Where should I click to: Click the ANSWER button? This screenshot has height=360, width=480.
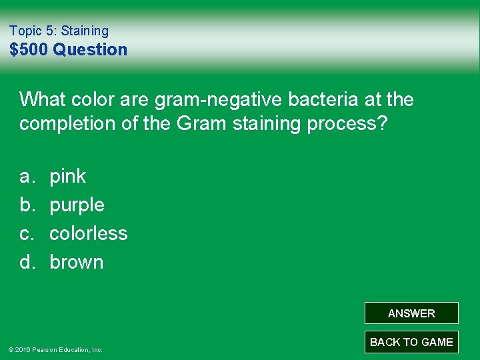(x=411, y=313)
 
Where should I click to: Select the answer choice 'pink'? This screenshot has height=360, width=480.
(x=68, y=176)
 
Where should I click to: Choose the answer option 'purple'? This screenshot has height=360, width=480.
(x=77, y=205)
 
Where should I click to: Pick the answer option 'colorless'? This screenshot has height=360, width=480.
(x=89, y=233)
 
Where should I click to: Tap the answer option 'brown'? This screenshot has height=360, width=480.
(x=77, y=262)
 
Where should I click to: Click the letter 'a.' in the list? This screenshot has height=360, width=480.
(x=27, y=176)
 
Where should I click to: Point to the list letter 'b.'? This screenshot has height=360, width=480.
(x=27, y=205)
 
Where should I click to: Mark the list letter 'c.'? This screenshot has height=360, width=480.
(x=27, y=233)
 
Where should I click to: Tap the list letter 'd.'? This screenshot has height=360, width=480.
(x=27, y=262)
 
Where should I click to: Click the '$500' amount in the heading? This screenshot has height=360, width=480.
(x=29, y=49)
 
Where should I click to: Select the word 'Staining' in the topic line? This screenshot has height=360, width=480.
(x=85, y=31)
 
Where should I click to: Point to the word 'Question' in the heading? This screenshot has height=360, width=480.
(x=90, y=49)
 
